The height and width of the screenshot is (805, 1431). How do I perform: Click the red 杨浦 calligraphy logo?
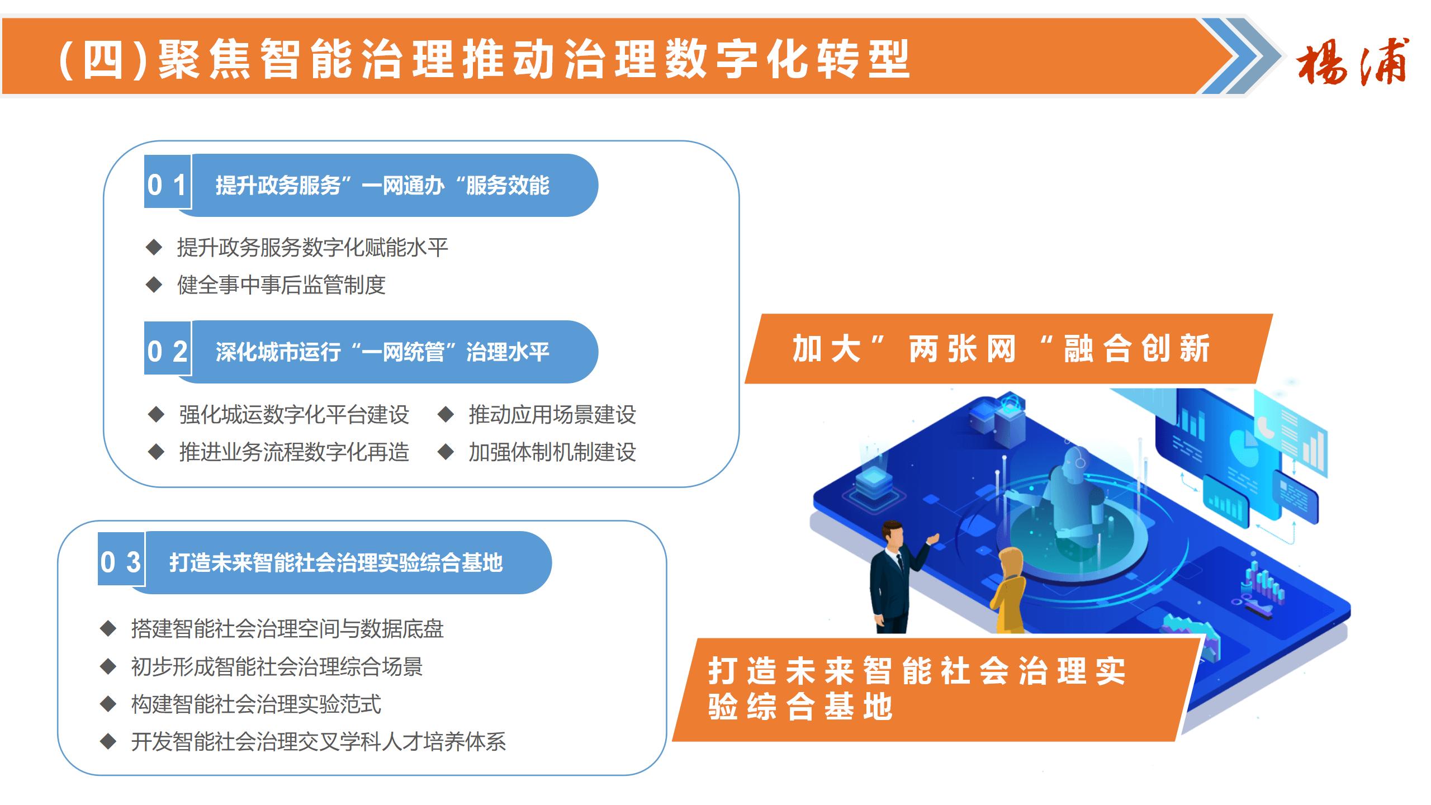(1353, 61)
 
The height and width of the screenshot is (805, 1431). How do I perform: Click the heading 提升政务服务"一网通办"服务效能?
(383, 186)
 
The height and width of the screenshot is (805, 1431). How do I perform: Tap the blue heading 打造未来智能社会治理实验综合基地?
(336, 562)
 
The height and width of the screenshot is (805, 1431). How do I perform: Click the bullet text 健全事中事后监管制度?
(281, 285)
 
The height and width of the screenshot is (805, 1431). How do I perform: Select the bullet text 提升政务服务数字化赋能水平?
(312, 248)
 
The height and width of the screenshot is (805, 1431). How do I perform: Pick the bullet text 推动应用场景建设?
(552, 415)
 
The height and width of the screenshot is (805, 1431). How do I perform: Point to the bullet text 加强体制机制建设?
(552, 452)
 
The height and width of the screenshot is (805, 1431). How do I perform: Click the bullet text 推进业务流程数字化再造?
(294, 452)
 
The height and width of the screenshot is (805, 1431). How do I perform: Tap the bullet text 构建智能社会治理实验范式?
(256, 704)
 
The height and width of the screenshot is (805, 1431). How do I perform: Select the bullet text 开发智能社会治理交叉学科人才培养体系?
(319, 742)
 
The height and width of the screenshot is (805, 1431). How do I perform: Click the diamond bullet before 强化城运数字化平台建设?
(156, 415)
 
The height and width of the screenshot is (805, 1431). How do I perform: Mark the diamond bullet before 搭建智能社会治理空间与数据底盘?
(108, 629)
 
